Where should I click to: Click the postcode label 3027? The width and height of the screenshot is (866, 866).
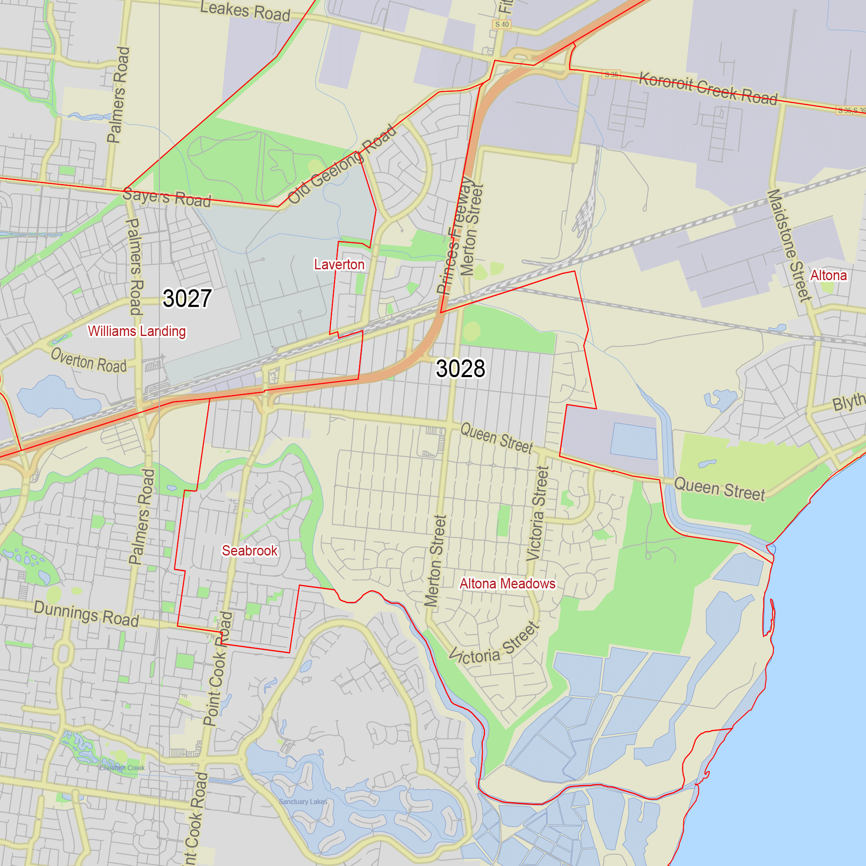coord(187,298)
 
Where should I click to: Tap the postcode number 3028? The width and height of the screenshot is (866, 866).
coord(460,368)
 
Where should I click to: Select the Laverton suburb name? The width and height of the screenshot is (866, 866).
coord(339,265)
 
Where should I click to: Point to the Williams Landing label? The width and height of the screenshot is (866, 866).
coord(137,331)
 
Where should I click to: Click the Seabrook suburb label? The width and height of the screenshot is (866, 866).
coord(250,550)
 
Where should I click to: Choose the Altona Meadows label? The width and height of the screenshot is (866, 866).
coord(507,584)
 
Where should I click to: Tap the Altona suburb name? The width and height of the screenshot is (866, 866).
coord(828,275)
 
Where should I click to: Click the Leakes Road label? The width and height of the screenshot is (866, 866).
coord(245,11)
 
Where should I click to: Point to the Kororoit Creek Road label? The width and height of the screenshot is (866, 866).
coord(708,88)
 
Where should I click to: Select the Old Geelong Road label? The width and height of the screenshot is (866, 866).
coord(342,165)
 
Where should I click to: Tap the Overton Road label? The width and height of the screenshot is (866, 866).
coord(89,360)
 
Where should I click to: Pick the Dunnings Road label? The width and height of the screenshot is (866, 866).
coord(86,614)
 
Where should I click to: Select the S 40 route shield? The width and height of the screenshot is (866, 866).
coord(501,24)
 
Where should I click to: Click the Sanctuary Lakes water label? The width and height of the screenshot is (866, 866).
coord(303,801)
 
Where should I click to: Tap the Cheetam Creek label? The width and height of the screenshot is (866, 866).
coord(122,768)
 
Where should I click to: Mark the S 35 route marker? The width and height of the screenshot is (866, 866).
coord(611,74)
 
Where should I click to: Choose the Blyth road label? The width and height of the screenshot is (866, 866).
coord(849,402)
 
